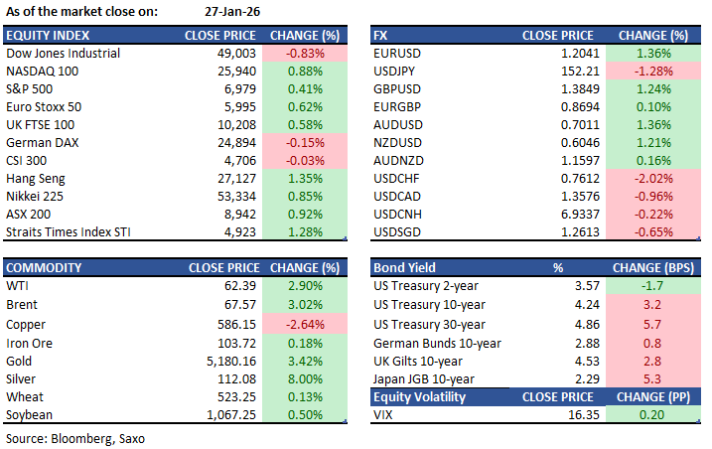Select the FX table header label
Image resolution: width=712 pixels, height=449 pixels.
(x=381, y=35)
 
